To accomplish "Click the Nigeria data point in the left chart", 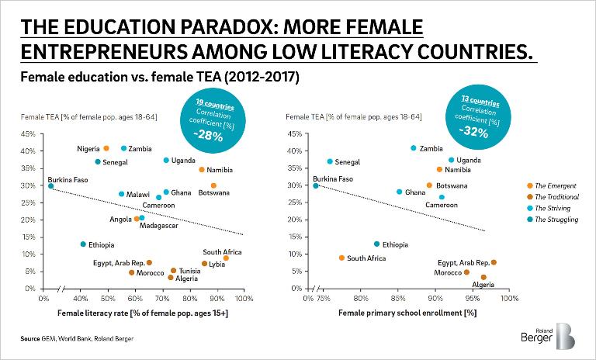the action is pos(106,148).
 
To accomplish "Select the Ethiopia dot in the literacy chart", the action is pos(83,244).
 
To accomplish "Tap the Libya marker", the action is pos(204,264).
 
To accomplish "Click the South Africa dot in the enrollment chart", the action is pos(341,258).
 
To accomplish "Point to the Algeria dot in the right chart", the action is pos(483,277).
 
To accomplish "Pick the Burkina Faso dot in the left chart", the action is pos(50,186).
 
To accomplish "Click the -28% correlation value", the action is pos(208,135).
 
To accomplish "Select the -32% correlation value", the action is pos(473,132).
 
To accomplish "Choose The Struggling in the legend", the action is pos(553,220).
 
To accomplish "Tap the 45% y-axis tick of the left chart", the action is pos(28,133).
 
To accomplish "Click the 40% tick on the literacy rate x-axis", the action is pos(81,299).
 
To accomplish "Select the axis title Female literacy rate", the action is pos(143,313).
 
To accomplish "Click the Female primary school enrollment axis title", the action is pos(407,313).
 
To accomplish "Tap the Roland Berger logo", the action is pos(548,336).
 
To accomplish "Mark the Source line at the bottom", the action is pos(77,339).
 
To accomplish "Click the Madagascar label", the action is pos(159,226).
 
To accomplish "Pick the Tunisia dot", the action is pos(173,270).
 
